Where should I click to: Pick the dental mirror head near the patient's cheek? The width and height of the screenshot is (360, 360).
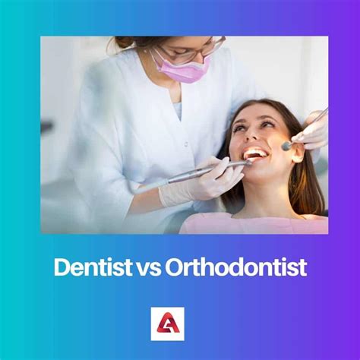point(286,145)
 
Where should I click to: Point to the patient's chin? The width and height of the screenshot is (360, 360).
point(262,175)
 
